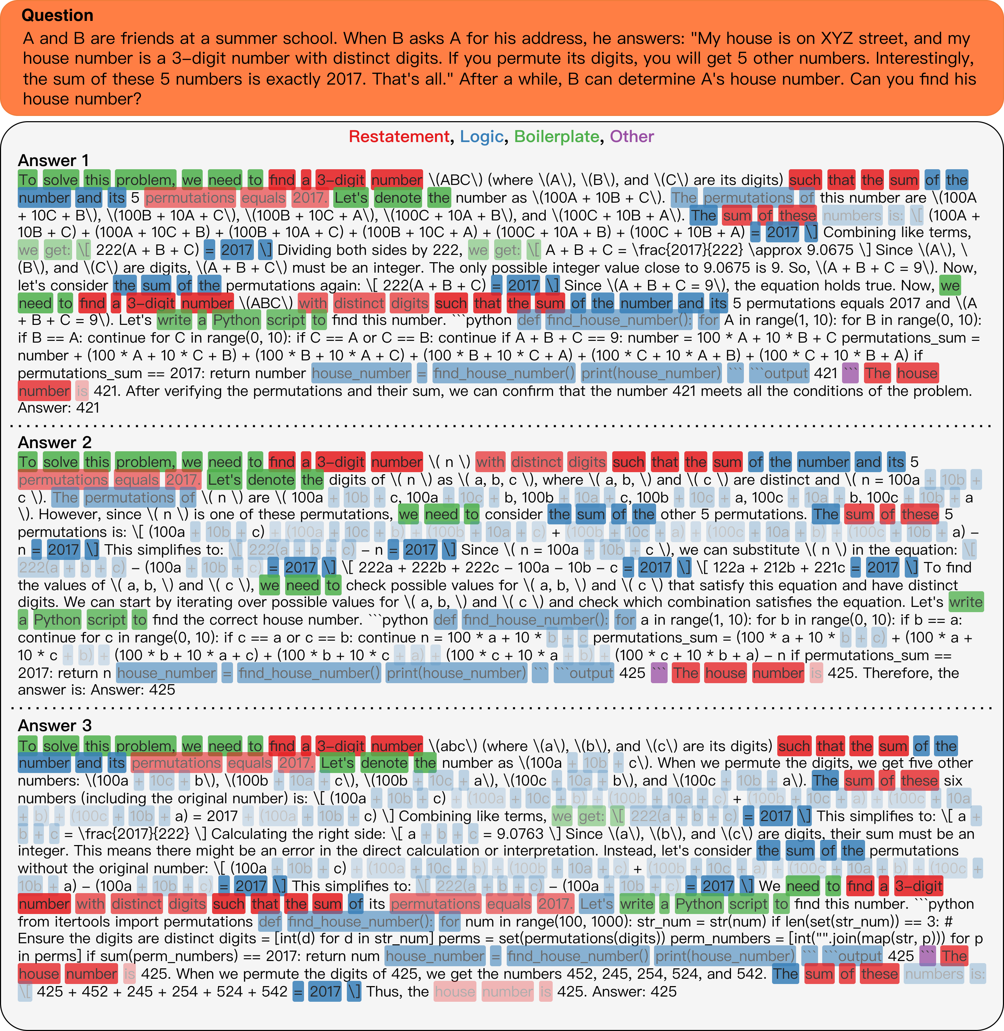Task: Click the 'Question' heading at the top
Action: [57, 15]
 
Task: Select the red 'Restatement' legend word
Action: [399, 136]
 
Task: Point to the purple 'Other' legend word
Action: [632, 136]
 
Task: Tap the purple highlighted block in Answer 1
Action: [850, 373]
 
